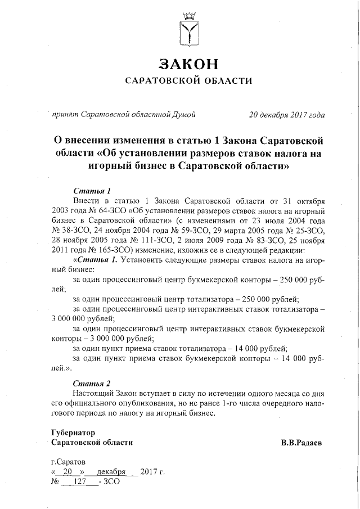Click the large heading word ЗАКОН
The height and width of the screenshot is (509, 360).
coord(188,63)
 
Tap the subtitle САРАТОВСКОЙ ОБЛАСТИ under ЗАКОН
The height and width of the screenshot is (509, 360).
coord(188,82)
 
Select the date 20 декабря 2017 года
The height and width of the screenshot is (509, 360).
coord(286,115)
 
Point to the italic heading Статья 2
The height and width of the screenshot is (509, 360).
coord(89,384)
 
